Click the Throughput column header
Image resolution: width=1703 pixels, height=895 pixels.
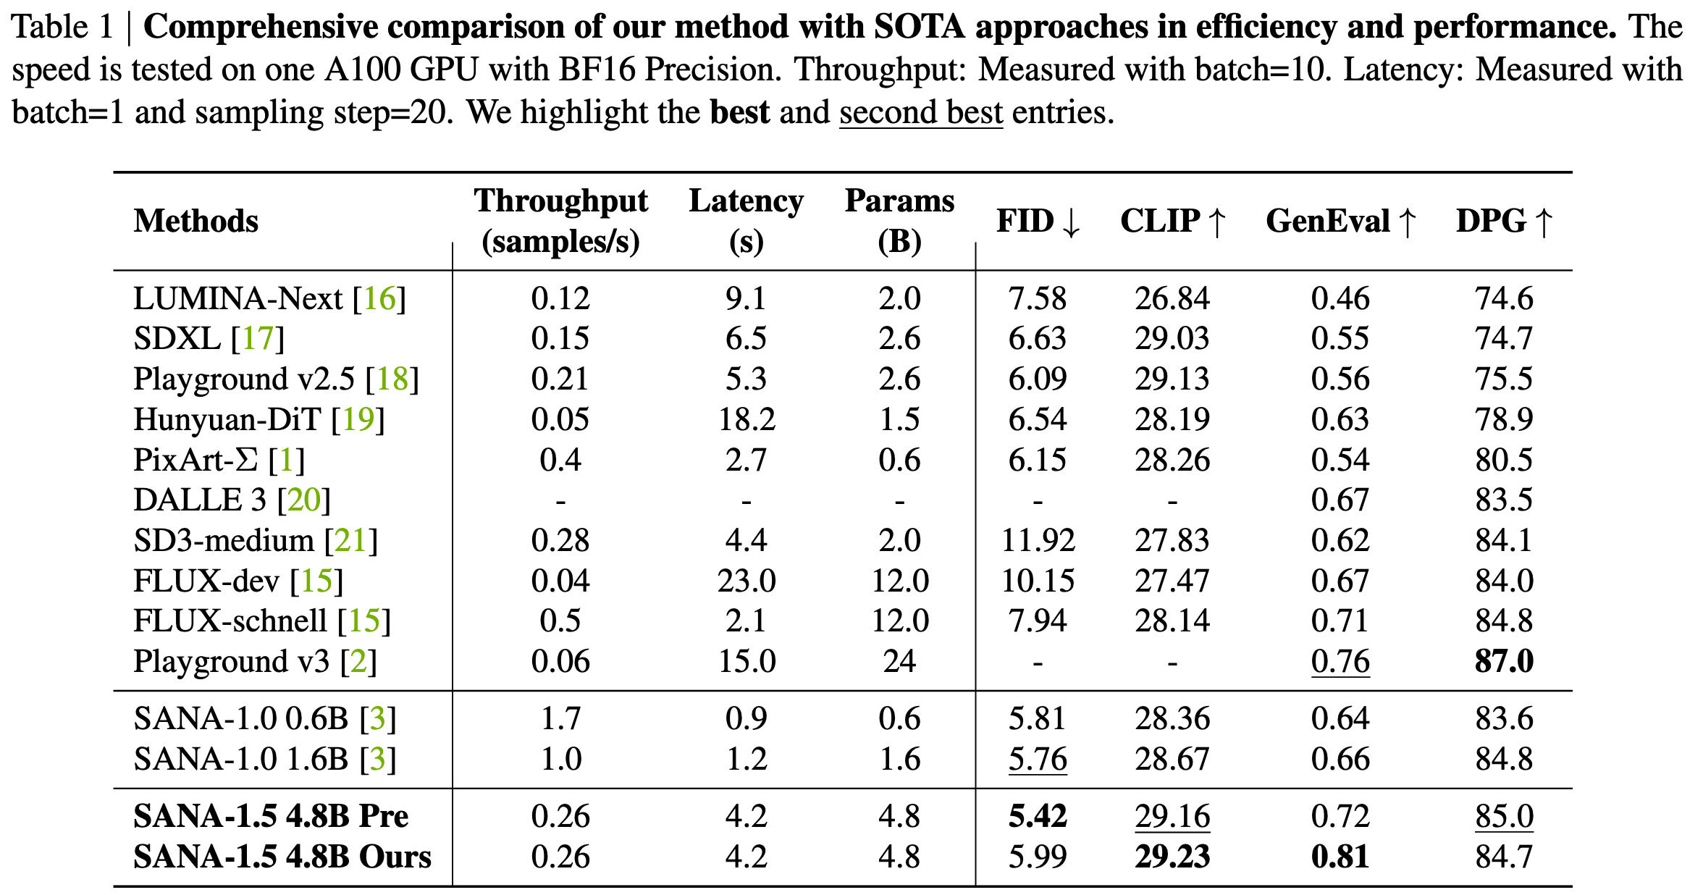[x=560, y=220]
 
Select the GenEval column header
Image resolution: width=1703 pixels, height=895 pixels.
[x=1341, y=221]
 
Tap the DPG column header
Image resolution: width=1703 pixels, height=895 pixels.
[x=1504, y=221]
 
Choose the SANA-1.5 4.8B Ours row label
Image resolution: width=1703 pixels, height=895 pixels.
[x=282, y=857]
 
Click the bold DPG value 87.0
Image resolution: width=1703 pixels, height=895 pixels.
[x=1504, y=661]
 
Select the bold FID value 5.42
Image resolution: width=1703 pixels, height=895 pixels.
[x=1038, y=816]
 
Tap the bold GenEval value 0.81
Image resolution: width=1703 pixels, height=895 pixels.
[x=1340, y=857]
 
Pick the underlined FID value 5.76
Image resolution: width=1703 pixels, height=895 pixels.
[x=1038, y=759]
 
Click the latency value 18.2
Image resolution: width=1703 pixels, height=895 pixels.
[x=747, y=419]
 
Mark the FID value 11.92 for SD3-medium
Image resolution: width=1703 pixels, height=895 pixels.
[x=1038, y=540]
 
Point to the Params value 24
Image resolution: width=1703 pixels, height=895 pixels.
[x=899, y=661]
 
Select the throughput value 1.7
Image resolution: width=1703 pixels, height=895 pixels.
[x=560, y=718]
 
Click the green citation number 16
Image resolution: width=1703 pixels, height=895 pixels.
[x=379, y=298]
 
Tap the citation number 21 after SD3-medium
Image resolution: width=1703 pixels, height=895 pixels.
[x=351, y=540]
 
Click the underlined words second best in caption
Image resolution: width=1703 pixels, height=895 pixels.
[x=921, y=112]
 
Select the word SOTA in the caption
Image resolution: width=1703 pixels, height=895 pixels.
[x=919, y=27]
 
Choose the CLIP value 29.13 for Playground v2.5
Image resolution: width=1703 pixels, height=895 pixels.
[x=1172, y=379]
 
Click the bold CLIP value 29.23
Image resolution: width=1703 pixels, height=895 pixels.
[x=1172, y=857]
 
